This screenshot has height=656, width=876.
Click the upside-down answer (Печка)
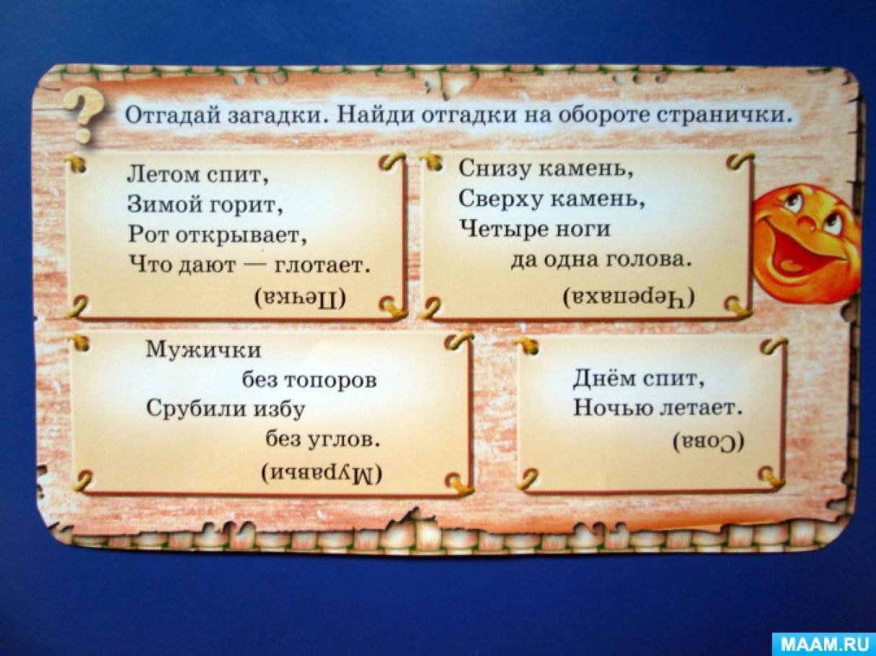[x=301, y=297]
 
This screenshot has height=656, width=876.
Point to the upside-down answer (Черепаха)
[x=629, y=297]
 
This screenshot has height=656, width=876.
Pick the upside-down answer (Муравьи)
[x=322, y=473]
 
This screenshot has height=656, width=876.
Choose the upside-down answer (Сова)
[x=709, y=442]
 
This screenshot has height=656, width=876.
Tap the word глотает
[x=322, y=265]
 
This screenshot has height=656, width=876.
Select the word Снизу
[x=495, y=169]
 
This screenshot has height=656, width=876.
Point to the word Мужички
[x=203, y=350]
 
